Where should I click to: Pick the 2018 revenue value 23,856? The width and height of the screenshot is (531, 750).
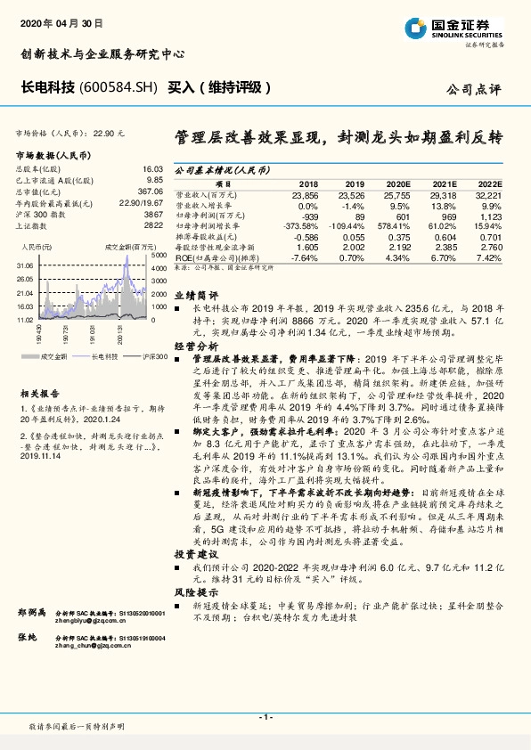click(306, 193)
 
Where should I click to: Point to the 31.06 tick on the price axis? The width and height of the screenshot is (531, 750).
click(24, 265)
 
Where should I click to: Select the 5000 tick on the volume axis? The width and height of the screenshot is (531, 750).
click(158, 255)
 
